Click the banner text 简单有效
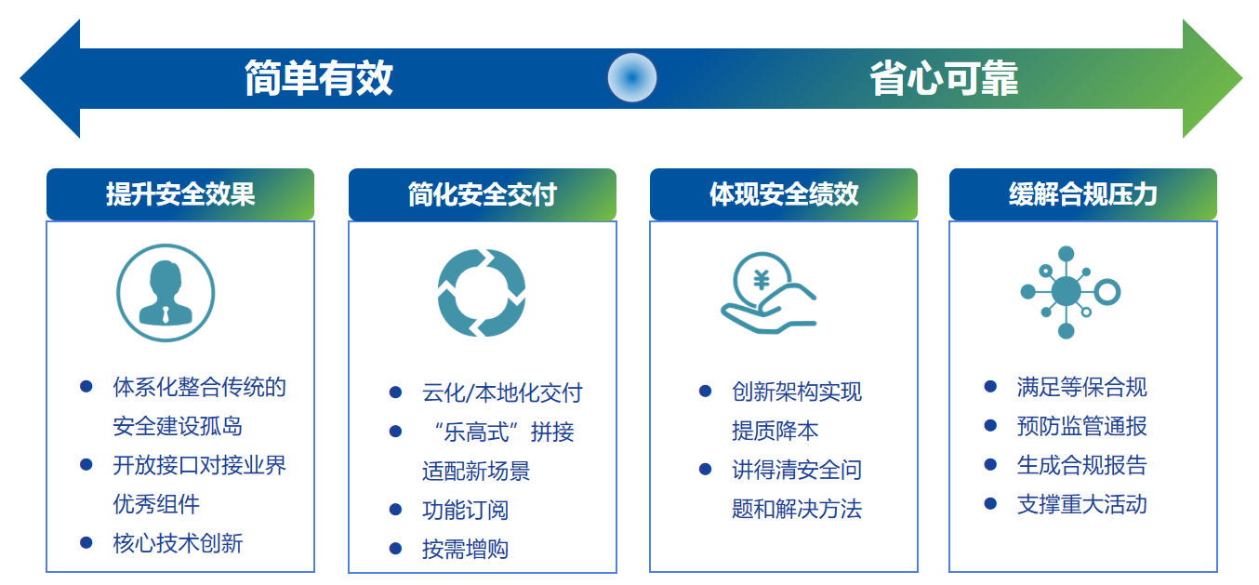pos(318,78)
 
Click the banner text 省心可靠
pos(944,78)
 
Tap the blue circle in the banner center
pos(632,78)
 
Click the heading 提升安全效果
pos(180,194)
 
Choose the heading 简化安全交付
pos(482,194)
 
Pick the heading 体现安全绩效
pos(784,194)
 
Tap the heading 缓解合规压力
pos(1083,194)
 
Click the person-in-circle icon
pos(166,293)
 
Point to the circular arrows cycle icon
pos(482,293)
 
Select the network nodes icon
pos(1067,292)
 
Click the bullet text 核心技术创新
pos(178,543)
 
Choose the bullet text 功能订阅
pos(465,510)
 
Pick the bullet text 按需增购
pos(465,549)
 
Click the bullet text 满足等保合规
pos(1082,387)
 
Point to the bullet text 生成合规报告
pos(1082,465)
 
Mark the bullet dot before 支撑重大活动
pos(990,504)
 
